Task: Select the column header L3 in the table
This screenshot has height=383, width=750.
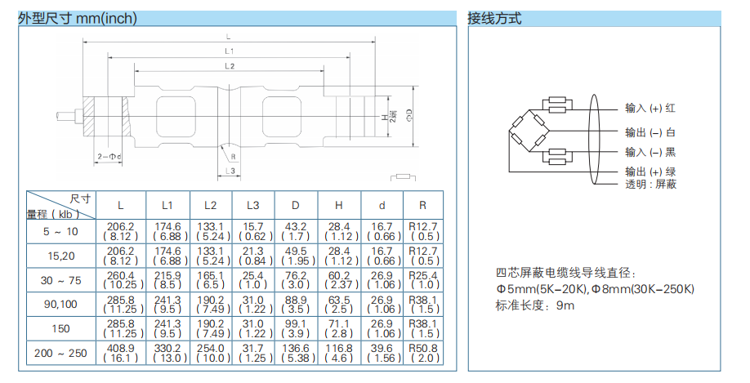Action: pyautogui.click(x=253, y=205)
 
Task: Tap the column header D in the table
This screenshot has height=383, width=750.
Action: pyautogui.click(x=296, y=205)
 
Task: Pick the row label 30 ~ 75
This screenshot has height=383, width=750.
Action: pyautogui.click(x=61, y=280)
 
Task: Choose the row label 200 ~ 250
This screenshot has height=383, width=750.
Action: pyautogui.click(x=61, y=353)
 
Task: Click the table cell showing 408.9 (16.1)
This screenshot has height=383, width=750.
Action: pyautogui.click(x=122, y=353)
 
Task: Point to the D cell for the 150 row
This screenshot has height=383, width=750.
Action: pyautogui.click(x=296, y=328)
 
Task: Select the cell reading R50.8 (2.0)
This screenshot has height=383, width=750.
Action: pyautogui.click(x=422, y=353)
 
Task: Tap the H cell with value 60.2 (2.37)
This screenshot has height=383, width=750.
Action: pyautogui.click(x=338, y=280)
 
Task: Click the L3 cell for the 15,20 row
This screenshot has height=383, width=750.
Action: pyautogui.click(x=253, y=256)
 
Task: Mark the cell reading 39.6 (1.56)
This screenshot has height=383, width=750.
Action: pyautogui.click(x=381, y=353)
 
